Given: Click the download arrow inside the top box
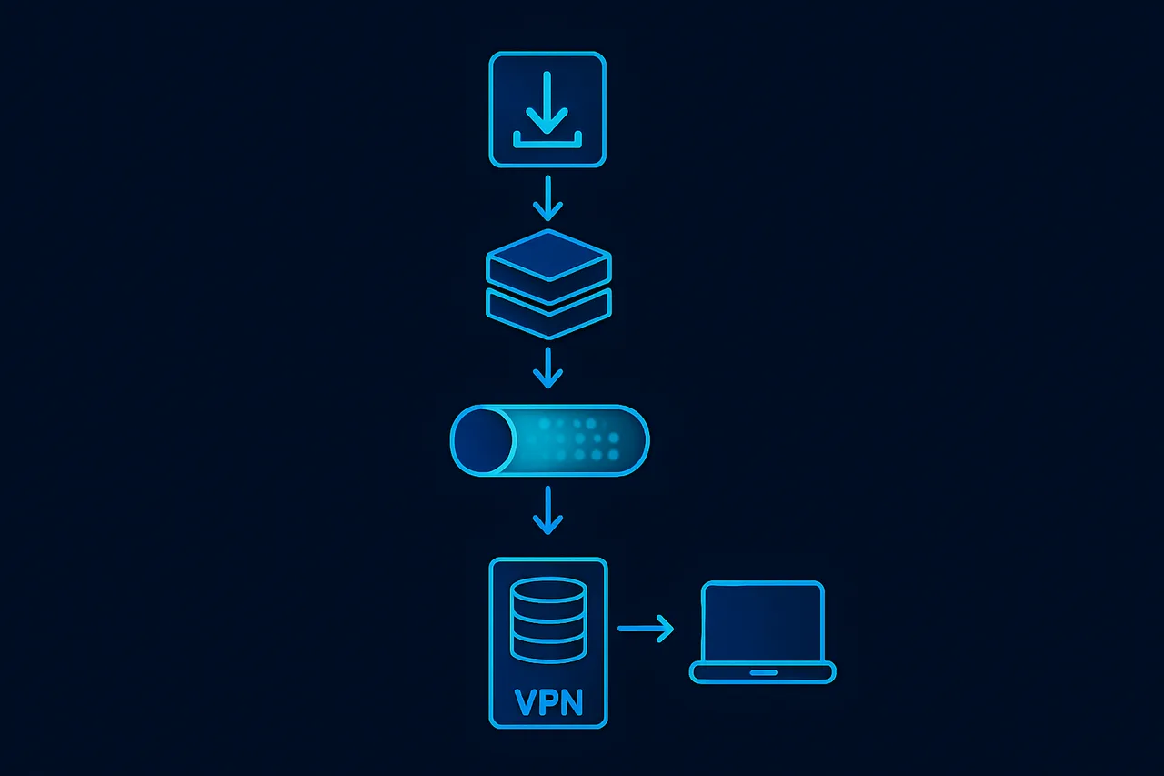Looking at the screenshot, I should (547, 102).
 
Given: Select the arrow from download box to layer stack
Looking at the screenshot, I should (547, 199).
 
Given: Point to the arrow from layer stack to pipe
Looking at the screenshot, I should (547, 368).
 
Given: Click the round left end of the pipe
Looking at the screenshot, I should (482, 441).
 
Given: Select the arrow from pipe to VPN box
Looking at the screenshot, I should (547, 511).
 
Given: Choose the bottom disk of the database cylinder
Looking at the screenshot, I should (547, 648).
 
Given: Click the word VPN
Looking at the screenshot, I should (548, 702).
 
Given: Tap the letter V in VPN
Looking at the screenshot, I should (526, 702).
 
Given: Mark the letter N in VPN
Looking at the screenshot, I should (571, 702).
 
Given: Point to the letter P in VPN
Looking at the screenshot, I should (548, 702).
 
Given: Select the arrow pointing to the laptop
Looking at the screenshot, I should (646, 628).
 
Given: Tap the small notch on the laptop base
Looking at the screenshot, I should (763, 673).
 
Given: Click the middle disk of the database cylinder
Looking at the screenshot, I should (547, 620).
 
